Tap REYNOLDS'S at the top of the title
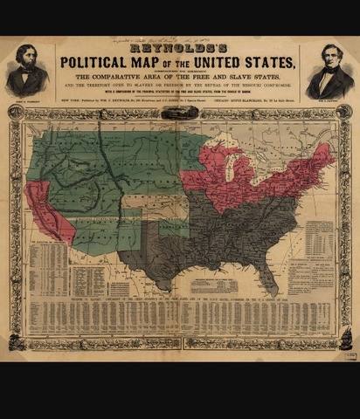[179, 52]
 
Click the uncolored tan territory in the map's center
[140, 206]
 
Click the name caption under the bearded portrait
[27, 99]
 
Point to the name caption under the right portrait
[330, 99]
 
